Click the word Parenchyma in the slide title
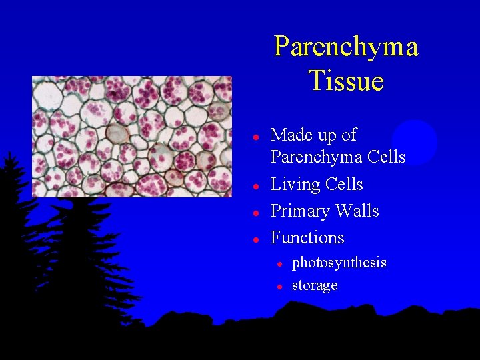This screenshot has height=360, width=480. [x=346, y=47]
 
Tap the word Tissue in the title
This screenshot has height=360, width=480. [x=346, y=81]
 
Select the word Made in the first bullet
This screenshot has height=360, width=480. [x=291, y=135]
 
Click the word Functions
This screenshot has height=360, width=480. [x=307, y=238]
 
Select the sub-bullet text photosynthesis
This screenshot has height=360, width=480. [x=339, y=263]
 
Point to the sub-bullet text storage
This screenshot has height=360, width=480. [x=315, y=285]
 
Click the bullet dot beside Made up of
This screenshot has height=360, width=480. [x=255, y=136]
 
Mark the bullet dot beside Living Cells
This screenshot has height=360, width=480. [x=255, y=185]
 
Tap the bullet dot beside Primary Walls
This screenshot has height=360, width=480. [x=255, y=212]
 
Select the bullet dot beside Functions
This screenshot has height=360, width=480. [x=255, y=239]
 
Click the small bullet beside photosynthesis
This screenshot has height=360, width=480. [x=280, y=264]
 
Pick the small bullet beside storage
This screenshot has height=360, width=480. [x=280, y=287]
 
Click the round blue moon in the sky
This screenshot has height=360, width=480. [x=415, y=142]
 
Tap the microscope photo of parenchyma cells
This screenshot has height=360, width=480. [x=132, y=137]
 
